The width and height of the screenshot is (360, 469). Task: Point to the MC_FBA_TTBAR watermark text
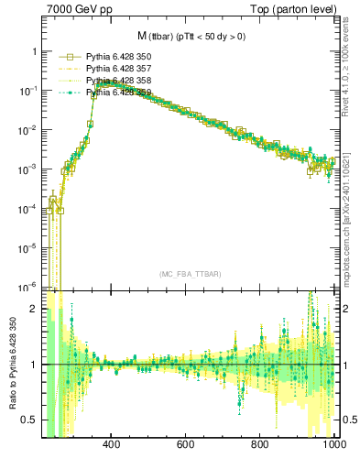[x=190, y=275]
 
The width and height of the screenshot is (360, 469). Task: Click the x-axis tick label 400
[x=112, y=445]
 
